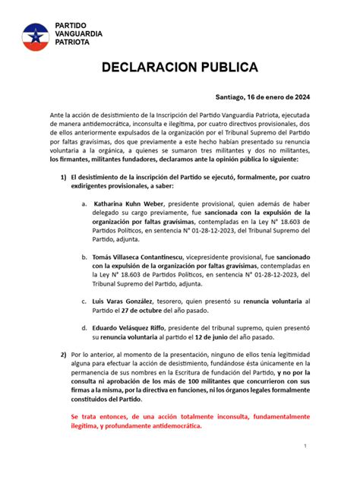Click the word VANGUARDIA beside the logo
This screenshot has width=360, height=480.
82,34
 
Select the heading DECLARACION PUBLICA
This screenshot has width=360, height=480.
181,66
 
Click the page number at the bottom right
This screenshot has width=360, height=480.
304,446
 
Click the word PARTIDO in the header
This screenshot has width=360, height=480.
72,26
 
